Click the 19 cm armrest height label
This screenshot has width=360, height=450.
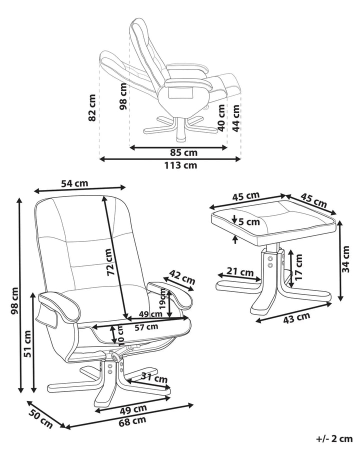[x=162, y=298]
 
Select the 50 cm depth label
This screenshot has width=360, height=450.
[x=40, y=416]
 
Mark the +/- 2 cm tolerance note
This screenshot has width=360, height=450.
[x=334, y=439]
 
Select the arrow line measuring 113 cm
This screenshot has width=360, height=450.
[x=170, y=159]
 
